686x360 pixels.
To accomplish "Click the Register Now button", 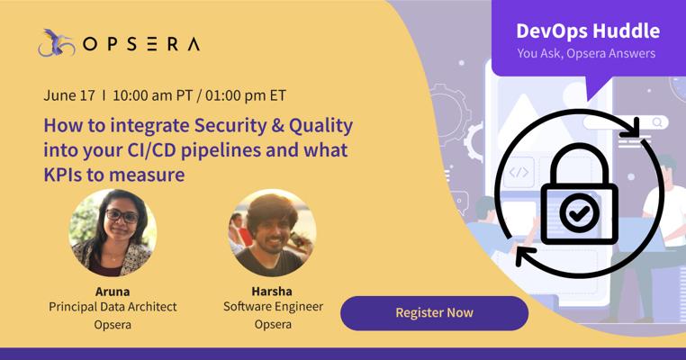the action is click(435, 313).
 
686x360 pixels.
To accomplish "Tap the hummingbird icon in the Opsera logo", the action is click(56, 43).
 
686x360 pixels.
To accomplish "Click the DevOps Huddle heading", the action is click(588, 31).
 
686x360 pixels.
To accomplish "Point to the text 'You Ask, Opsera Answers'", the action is click(586, 53).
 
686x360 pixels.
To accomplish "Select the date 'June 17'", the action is click(69, 95).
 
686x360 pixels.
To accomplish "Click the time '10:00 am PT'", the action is click(152, 95).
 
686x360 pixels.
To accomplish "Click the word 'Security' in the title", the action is click(230, 126).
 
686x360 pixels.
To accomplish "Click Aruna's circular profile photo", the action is click(113, 233).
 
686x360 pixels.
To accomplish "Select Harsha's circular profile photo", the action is click(273, 233).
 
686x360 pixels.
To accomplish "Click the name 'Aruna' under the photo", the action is click(113, 292).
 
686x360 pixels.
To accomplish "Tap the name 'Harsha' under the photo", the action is click(272, 292).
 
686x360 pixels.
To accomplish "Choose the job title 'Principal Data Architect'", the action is click(113, 307).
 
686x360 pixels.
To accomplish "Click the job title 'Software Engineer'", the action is click(273, 307).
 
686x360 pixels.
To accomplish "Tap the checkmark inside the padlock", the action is click(580, 213).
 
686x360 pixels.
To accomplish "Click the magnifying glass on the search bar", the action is click(657, 122).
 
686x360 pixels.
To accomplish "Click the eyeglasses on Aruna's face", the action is click(122, 216).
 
